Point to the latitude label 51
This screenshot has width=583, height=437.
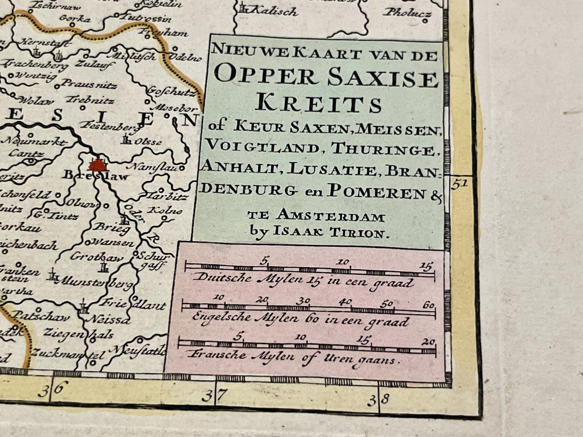coord(460,184)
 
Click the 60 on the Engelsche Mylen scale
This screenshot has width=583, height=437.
coord(428,305)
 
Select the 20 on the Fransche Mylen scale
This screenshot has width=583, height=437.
coord(430,342)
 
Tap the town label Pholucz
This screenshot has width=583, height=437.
coord(407,13)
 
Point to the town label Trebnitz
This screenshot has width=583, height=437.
coord(90,100)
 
